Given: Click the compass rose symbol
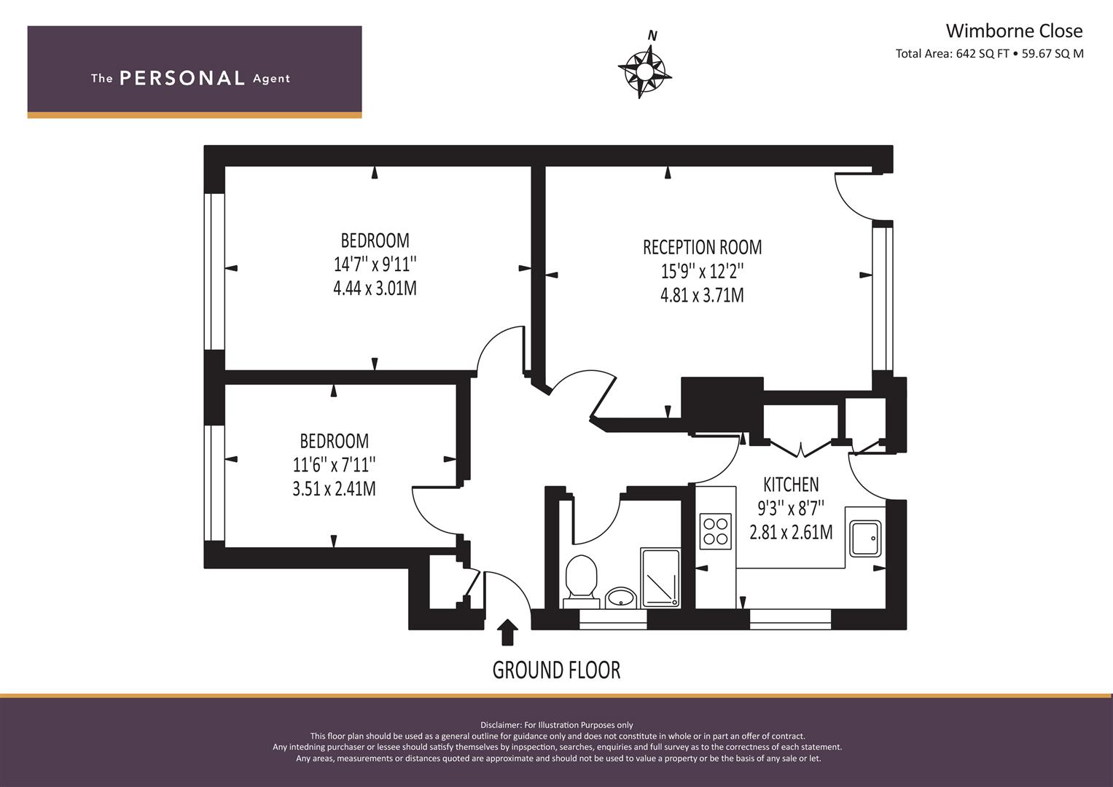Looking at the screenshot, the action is click(644, 73).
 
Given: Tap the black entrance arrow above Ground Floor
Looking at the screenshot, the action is click(507, 632).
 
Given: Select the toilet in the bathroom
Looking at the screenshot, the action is click(581, 582).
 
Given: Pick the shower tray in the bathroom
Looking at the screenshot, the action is click(660, 578).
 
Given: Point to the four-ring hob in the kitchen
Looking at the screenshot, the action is click(716, 531).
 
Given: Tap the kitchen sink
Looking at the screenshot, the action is click(865, 538).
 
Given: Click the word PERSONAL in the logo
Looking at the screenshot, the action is click(182, 78).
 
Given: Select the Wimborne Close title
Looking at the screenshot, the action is click(1014, 31).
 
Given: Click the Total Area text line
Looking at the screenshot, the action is click(989, 54).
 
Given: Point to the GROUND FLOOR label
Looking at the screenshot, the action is click(557, 670).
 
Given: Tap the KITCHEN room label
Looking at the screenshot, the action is click(791, 484).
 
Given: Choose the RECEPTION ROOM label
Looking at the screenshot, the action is click(702, 247).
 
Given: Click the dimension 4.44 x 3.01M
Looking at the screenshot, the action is click(375, 288).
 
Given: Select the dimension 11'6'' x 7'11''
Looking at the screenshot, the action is click(334, 465).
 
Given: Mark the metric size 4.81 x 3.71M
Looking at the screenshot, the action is click(702, 295).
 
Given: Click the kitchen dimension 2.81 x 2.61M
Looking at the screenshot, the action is click(791, 532).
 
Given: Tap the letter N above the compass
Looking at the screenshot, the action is click(653, 35).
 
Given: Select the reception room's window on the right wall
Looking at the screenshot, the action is click(883, 299).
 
